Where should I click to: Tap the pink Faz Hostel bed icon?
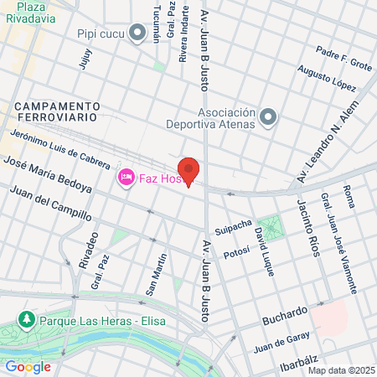(x=127, y=178)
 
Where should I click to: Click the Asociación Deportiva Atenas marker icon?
(x=268, y=117)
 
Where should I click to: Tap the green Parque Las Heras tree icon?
(x=27, y=321)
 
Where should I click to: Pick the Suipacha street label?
(x=233, y=227)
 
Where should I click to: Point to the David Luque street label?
(x=266, y=241)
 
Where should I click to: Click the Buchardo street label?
(x=286, y=317)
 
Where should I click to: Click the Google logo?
(x=28, y=366)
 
